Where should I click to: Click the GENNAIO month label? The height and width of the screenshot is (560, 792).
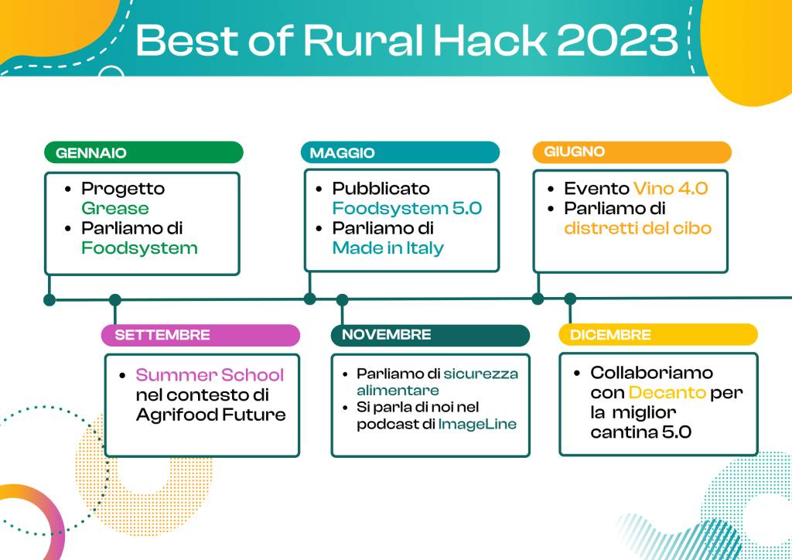90,153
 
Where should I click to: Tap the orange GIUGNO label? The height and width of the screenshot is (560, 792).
574,152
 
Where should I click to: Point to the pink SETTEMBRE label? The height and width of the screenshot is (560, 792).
162,335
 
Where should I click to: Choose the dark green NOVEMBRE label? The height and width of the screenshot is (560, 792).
386,335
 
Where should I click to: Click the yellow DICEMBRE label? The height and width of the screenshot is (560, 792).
610,335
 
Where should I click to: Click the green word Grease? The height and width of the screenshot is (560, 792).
115,209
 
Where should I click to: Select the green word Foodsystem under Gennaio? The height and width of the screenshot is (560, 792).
139,248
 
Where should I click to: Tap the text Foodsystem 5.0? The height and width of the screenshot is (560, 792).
407,209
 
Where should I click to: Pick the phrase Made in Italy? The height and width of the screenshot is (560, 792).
388,248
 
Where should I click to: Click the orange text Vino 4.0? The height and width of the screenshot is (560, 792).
671,189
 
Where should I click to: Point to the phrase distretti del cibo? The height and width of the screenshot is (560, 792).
637,228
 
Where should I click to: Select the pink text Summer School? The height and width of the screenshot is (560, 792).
210,375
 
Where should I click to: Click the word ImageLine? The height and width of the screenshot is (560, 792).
477,425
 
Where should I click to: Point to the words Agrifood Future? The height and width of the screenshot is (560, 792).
210,415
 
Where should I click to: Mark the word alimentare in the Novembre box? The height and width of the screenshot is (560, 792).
398,391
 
